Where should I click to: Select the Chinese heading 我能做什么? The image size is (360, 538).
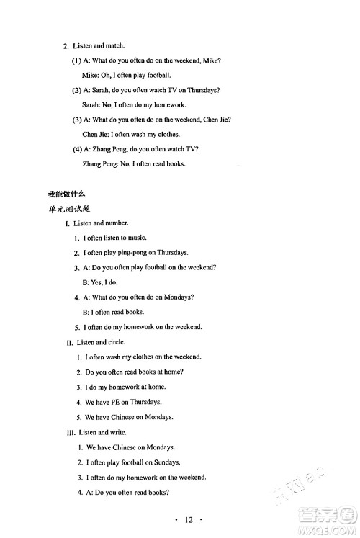pos(67,194)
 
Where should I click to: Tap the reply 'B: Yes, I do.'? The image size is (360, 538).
pos(105,282)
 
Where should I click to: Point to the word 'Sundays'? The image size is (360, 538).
pos(166,462)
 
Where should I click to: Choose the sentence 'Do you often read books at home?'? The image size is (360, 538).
pos(134,372)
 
